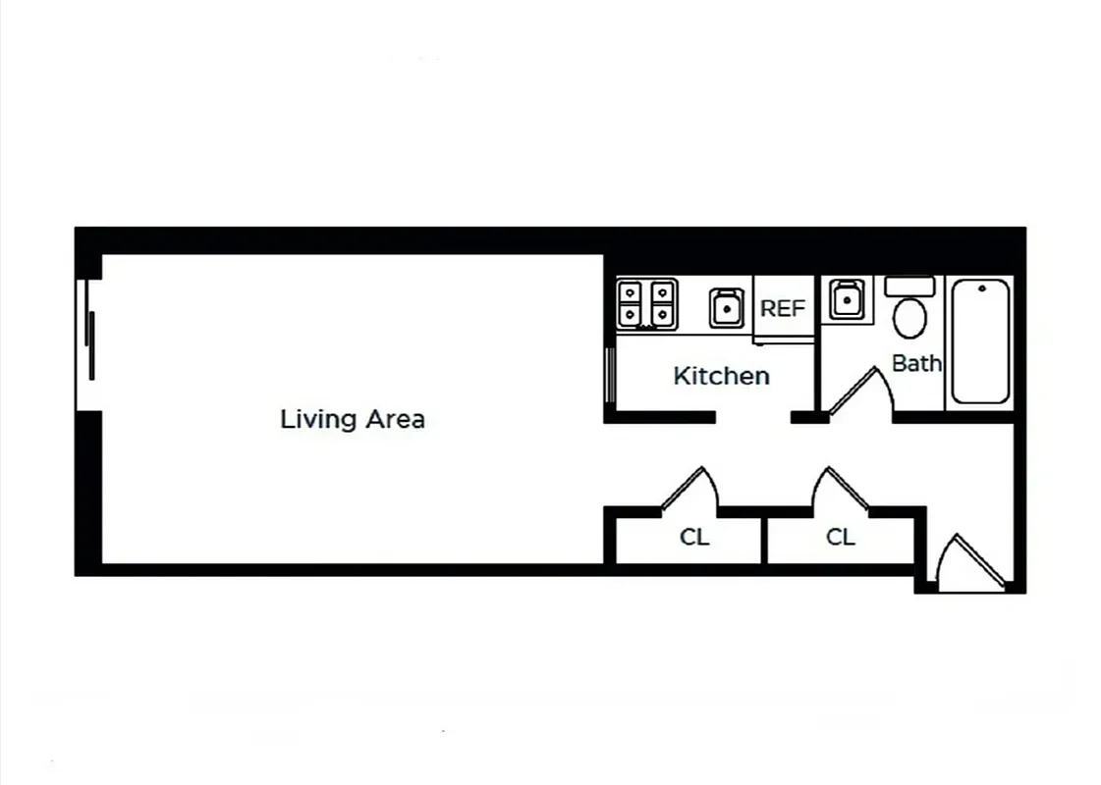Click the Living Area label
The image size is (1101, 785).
pos(353,419)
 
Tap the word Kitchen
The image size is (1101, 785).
pos(721,376)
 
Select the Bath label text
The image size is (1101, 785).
pos(916,363)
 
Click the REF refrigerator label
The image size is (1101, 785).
pos(783,308)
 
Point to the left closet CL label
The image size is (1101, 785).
pos(694,538)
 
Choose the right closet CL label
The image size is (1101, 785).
pos(841,538)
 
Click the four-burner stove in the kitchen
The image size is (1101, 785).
pos(646,304)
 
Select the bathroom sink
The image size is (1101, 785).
pos(846,299)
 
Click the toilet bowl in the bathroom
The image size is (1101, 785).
pos(909,318)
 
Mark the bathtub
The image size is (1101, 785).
pos(979,341)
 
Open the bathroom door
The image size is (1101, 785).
pos(854,392)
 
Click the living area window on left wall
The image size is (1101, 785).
pos(89,344)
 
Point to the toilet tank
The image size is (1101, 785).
pos(909,287)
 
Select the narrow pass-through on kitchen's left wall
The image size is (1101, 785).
pos(611,375)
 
